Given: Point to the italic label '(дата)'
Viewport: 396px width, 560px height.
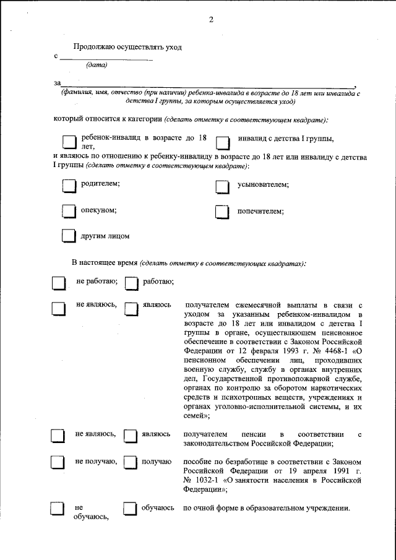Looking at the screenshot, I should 97,65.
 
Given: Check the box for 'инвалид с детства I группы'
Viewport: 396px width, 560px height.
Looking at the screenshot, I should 223,143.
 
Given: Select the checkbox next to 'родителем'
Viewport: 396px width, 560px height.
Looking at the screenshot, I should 69,186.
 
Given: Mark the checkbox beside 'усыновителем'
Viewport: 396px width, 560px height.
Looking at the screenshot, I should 223,186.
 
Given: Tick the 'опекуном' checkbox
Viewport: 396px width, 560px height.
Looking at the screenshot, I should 69,212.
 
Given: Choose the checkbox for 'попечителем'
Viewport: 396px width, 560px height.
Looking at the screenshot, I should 223,212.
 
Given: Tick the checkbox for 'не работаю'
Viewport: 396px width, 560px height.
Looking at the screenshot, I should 58,283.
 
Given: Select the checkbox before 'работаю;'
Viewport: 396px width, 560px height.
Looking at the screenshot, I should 131,283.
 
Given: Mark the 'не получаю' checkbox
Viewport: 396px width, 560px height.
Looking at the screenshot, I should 58,463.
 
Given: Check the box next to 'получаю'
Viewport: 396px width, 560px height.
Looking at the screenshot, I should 131,463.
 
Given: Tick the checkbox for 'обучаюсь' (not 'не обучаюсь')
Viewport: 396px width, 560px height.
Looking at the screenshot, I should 131,509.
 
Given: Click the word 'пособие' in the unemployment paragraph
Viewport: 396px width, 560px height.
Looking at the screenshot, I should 198,462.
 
